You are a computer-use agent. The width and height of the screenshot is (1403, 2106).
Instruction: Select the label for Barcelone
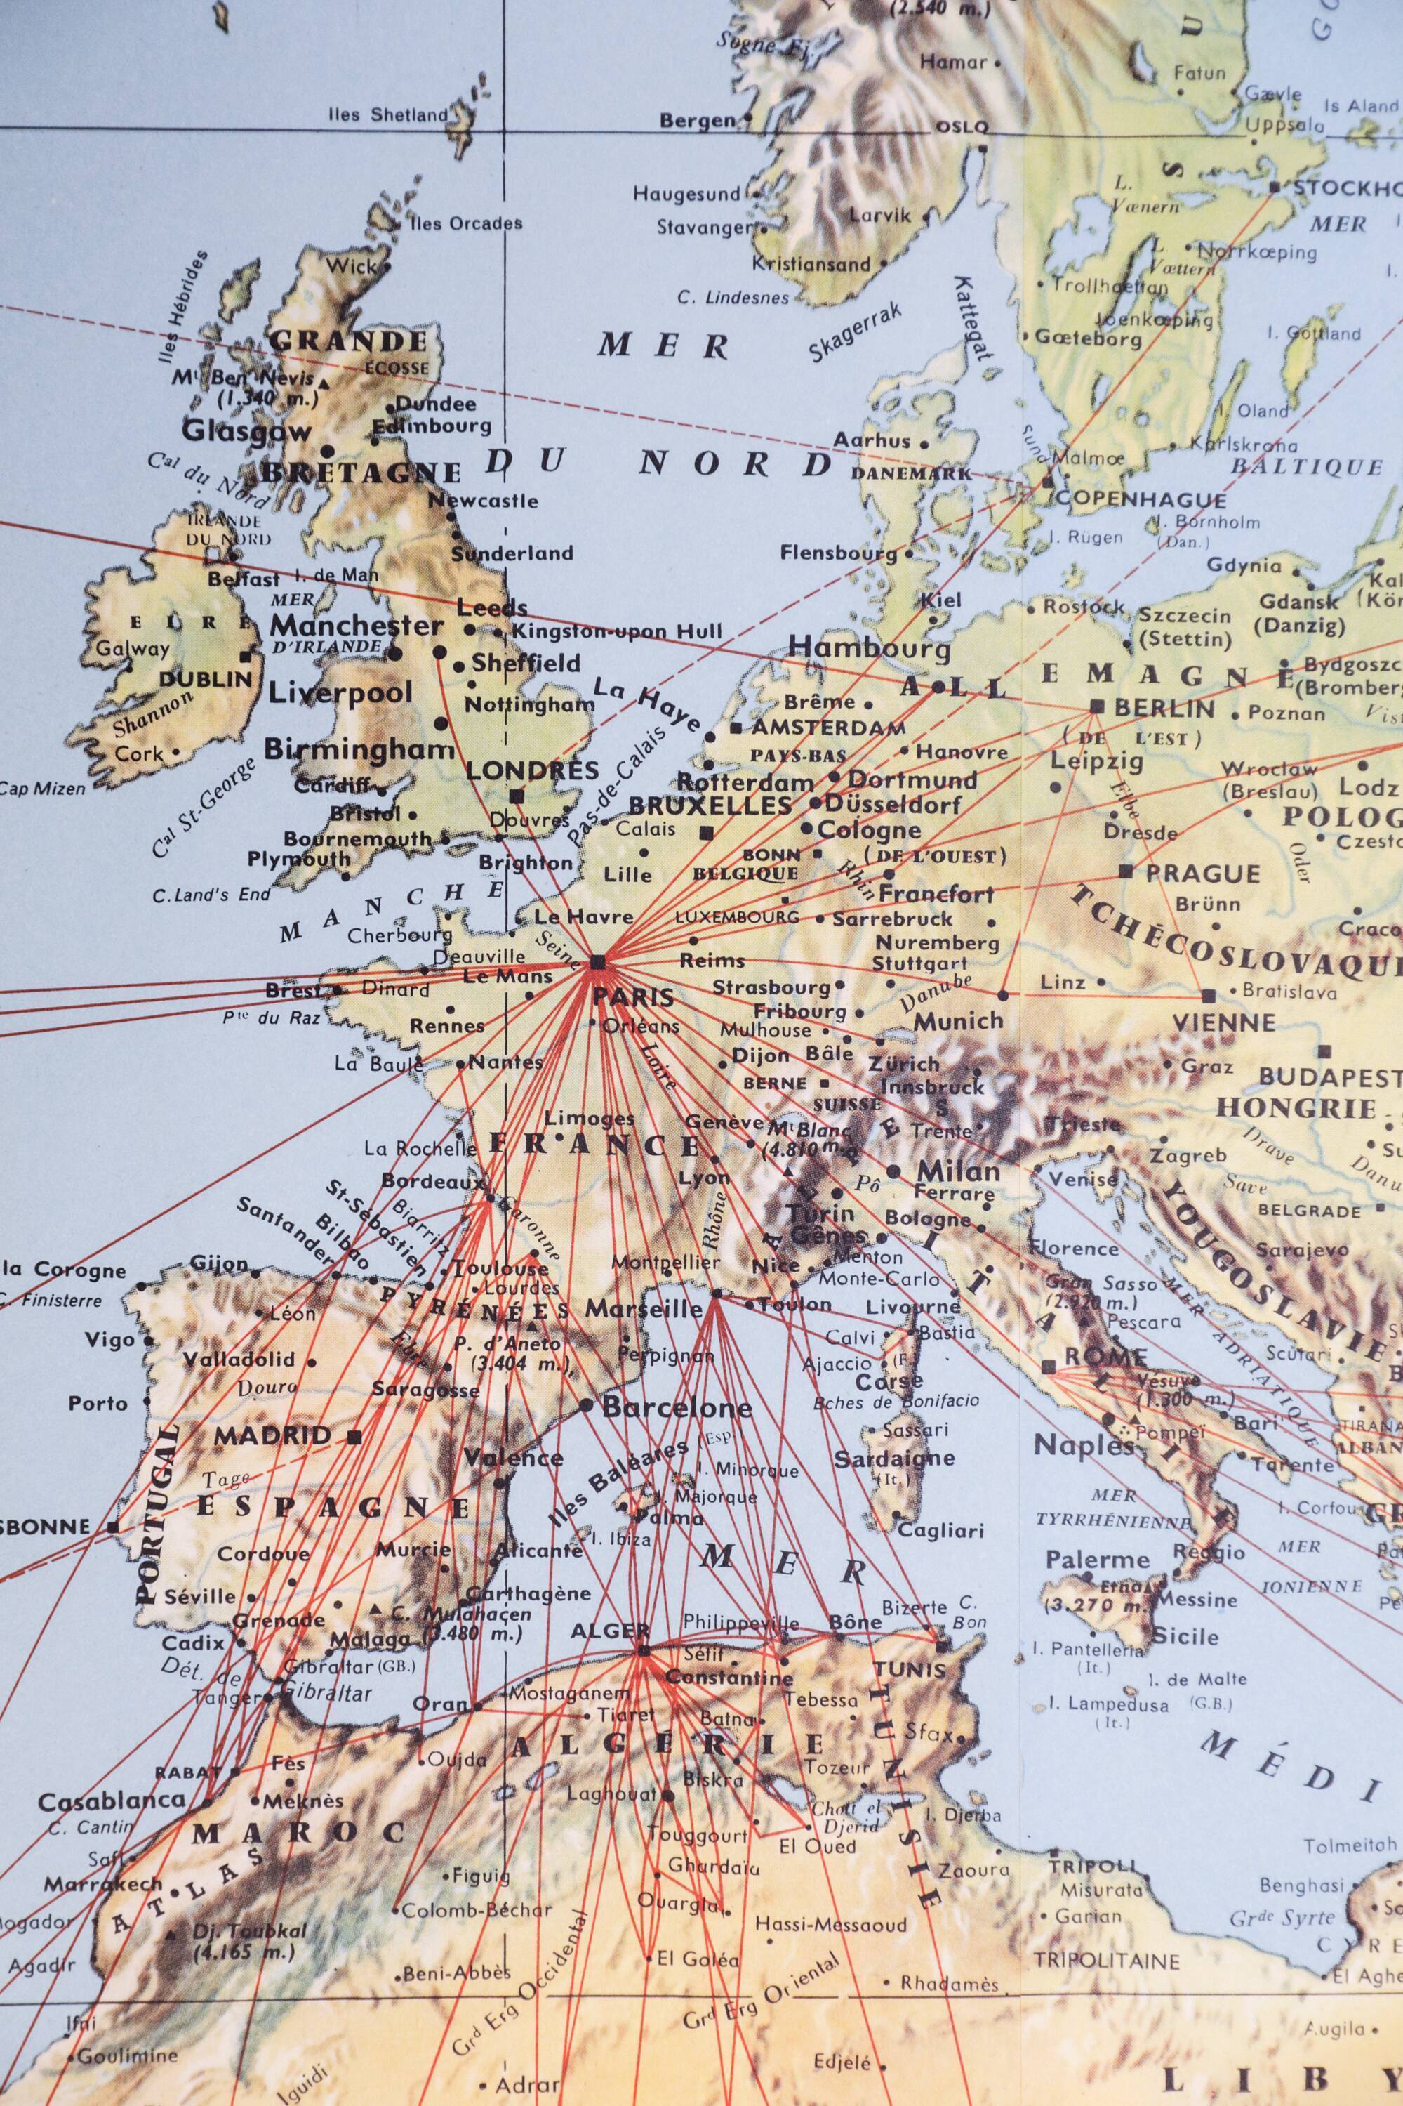(x=677, y=1408)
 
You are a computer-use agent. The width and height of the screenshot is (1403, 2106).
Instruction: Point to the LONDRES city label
(x=533, y=770)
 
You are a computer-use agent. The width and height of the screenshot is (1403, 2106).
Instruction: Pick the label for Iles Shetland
(x=387, y=114)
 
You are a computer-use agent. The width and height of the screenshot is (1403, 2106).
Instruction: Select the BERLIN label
(x=1164, y=708)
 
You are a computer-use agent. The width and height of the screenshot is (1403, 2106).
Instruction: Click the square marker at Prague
(x=1126, y=871)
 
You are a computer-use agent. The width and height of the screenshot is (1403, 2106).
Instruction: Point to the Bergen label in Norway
(x=697, y=120)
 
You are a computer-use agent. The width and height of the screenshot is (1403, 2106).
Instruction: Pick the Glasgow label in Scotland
(x=246, y=430)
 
